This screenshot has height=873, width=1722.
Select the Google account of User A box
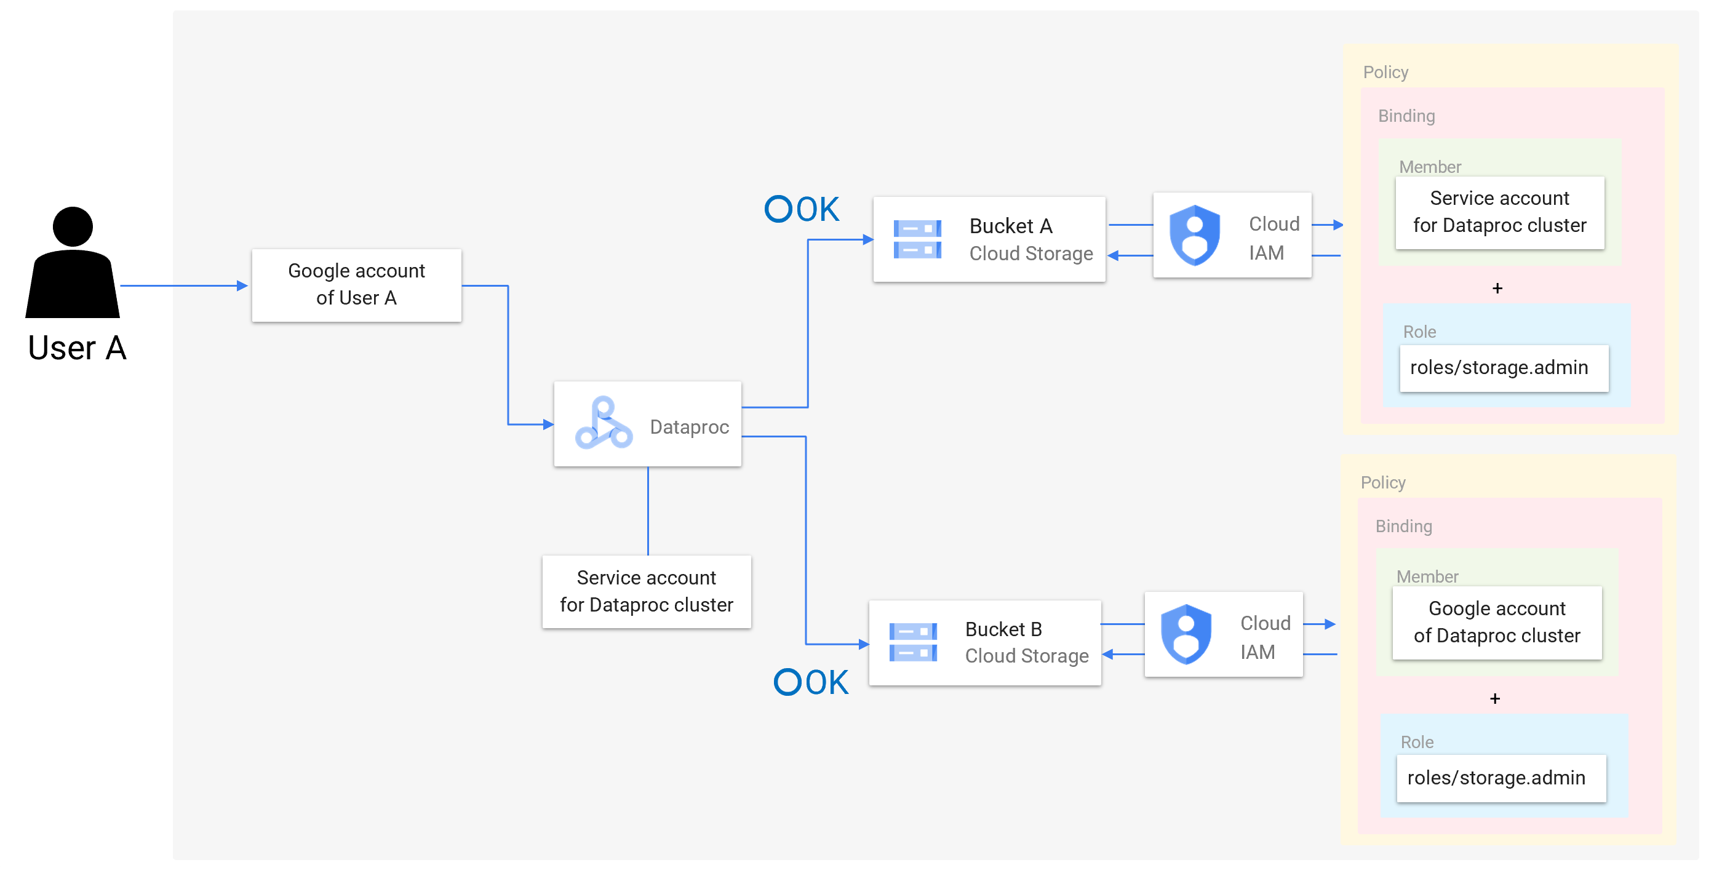tap(356, 285)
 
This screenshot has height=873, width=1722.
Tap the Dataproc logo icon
tap(604, 423)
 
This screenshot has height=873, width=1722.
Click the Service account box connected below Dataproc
tap(647, 592)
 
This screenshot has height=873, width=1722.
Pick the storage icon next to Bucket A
tap(917, 239)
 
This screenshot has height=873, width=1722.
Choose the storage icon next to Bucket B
tap(913, 642)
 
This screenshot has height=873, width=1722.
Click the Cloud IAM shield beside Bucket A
tap(1195, 235)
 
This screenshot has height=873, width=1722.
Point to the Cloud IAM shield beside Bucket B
tap(1186, 634)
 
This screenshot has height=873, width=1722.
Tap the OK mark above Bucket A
tap(802, 209)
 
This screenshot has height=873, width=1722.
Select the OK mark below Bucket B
tap(811, 682)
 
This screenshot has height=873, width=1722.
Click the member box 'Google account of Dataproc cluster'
tap(1497, 623)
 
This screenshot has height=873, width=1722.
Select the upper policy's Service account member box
tap(1499, 212)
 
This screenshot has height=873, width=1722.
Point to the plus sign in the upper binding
tap(1497, 288)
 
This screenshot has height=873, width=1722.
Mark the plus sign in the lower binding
tap(1495, 698)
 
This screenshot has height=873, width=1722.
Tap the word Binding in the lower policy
tap(1403, 526)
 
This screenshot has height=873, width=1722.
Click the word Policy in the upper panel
tap(1385, 72)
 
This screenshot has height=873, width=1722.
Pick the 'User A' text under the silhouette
tap(77, 348)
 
